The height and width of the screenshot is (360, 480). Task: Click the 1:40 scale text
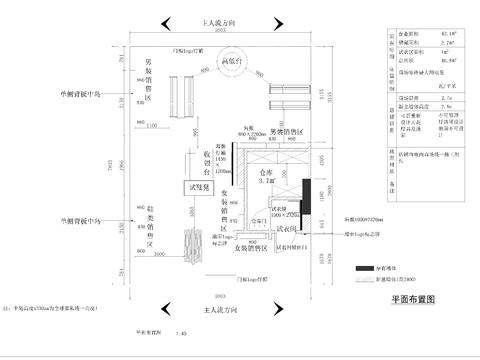pos(180,334)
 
